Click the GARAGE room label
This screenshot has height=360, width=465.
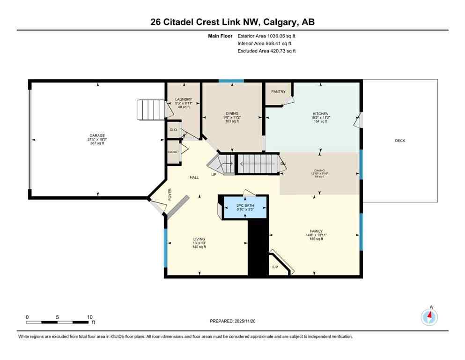(97, 135)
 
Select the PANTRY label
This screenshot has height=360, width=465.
(278, 91)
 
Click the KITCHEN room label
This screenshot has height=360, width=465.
(321, 113)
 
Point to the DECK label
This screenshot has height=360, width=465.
(400, 141)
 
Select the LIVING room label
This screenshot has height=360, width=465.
(199, 239)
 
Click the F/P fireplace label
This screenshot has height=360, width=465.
(275, 267)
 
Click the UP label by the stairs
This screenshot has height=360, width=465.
(214, 174)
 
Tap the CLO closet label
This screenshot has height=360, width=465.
(173, 130)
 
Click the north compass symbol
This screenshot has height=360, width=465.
(429, 316)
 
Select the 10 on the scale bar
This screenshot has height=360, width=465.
(89, 317)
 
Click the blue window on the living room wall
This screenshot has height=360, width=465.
(165, 243)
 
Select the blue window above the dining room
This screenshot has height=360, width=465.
(231, 81)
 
